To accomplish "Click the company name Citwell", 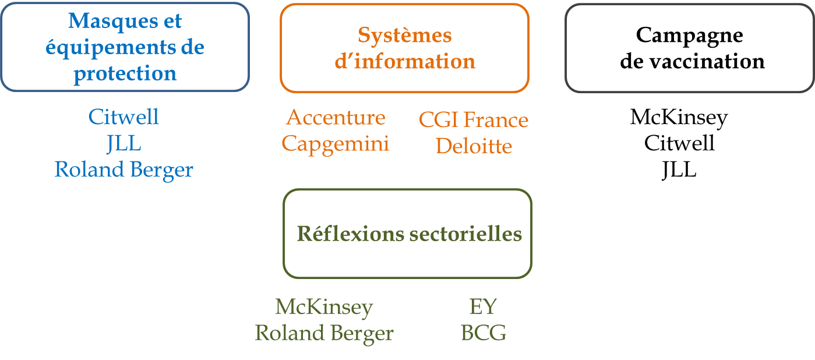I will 124,117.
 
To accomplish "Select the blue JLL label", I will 124,143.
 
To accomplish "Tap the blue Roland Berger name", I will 124,170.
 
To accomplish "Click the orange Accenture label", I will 336,118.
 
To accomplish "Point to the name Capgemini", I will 336,143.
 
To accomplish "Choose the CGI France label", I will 473,120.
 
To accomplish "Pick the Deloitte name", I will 474,146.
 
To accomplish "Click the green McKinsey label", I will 324,306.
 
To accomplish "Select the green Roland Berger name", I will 324,333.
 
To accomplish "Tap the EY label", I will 483,306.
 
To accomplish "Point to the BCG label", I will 483,333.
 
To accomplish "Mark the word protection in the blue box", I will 125,74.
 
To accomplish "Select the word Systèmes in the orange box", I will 404,36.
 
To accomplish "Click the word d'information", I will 404,61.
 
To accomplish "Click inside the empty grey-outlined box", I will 690,48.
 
